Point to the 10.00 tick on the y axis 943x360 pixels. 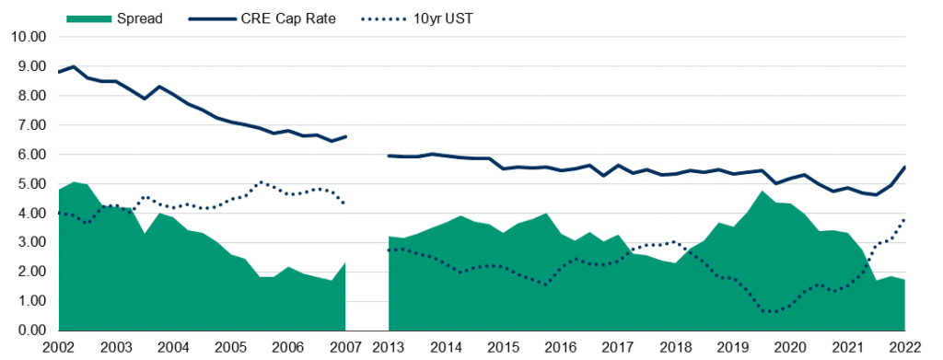tap(28, 37)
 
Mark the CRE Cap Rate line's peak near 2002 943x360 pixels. tap(73, 66)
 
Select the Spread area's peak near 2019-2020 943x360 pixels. tap(763, 192)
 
